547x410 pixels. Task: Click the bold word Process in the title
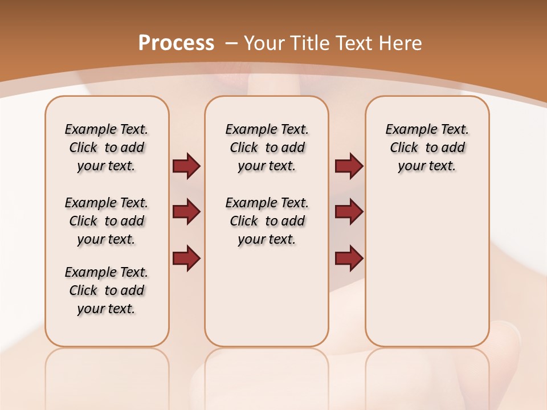pyautogui.click(x=176, y=43)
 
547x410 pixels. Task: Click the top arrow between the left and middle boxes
pyautogui.click(x=186, y=166)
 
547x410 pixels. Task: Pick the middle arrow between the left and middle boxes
pyautogui.click(x=186, y=212)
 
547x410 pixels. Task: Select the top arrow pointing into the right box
pyautogui.click(x=349, y=166)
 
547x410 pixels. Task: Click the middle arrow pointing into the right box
pyautogui.click(x=349, y=212)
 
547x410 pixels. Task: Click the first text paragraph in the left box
pyautogui.click(x=107, y=147)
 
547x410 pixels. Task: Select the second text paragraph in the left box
pyautogui.click(x=107, y=221)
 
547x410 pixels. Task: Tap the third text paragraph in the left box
pyautogui.click(x=107, y=290)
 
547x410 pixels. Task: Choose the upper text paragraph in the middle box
pyautogui.click(x=267, y=147)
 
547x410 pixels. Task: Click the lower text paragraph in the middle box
pyautogui.click(x=267, y=221)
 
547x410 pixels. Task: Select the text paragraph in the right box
pyautogui.click(x=427, y=147)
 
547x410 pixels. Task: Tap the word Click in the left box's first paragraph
pyautogui.click(x=83, y=148)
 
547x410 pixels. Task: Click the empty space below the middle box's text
pyautogui.click(x=267, y=296)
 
